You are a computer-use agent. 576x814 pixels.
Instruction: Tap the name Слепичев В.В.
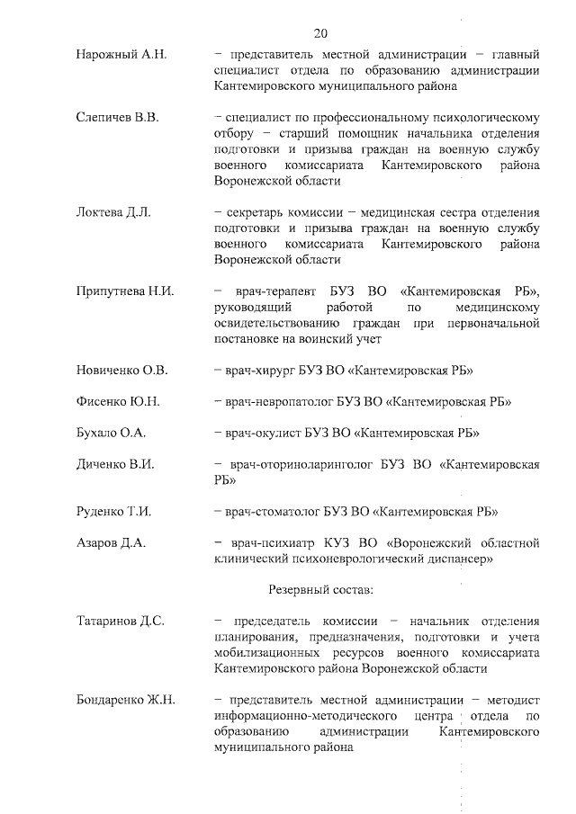118,117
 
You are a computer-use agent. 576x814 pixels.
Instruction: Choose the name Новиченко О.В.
121,371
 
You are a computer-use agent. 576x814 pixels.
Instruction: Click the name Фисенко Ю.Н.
118,401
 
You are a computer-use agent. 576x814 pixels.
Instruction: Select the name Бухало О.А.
111,433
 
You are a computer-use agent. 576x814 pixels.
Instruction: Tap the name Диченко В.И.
115,464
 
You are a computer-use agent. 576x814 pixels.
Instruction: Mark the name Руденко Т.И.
113,512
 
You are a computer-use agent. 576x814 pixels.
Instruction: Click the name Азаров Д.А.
111,543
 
